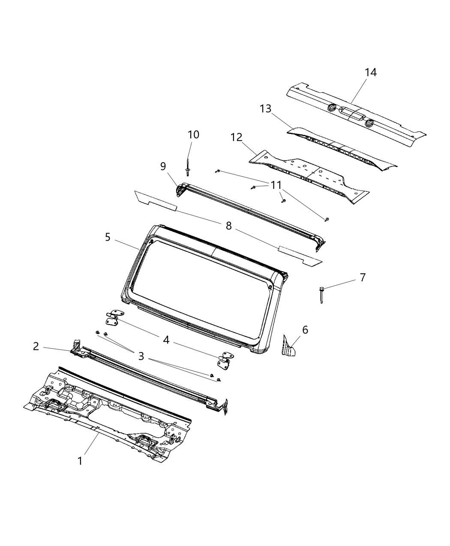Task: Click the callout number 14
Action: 371,72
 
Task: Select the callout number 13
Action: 265,109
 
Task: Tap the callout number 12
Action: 236,137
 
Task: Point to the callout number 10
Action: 193,134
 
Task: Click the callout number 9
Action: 163,166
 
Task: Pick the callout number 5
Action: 108,237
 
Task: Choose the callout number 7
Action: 363,277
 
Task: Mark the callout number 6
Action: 305,330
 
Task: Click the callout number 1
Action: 80,461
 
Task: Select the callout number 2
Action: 36,346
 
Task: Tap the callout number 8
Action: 228,226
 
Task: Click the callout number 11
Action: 276,185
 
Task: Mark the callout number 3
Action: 141,356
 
